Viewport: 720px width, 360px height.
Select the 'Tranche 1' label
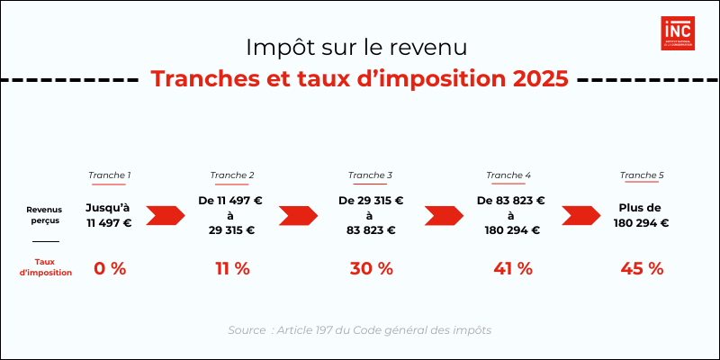click(109, 175)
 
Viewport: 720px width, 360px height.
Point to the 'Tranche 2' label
click(231, 175)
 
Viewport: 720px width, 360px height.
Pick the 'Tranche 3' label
click(370, 175)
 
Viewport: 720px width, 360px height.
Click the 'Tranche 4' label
click(508, 175)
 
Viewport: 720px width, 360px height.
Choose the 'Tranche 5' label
click(642, 175)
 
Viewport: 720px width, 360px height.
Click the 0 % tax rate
click(109, 268)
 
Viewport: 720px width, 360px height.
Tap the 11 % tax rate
click(231, 268)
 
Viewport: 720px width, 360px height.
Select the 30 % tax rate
click(371, 268)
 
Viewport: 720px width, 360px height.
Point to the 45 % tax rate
click(642, 268)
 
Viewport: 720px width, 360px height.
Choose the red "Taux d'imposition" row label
click(45, 267)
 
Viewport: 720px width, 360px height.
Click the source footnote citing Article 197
click(359, 330)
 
